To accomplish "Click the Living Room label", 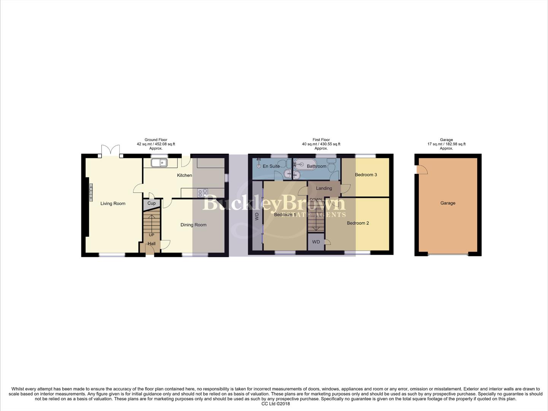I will [x=113, y=204].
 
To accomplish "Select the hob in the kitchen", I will [x=202, y=193].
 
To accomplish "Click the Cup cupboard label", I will [x=151, y=203].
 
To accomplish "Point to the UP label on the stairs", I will [x=151, y=235].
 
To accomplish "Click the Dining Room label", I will [x=193, y=225].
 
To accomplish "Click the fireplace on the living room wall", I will [x=91, y=192].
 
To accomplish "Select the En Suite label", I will [x=271, y=166].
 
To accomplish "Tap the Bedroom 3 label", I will [x=366, y=175].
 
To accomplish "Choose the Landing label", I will [x=324, y=188].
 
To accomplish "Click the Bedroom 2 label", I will [x=357, y=223].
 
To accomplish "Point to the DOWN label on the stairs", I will [x=316, y=199].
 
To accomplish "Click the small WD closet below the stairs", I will [x=316, y=242].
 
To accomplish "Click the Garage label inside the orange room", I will [x=448, y=203].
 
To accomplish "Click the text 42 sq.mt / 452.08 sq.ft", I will [x=156, y=144].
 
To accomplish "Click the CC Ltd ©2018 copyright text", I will [x=275, y=404].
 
